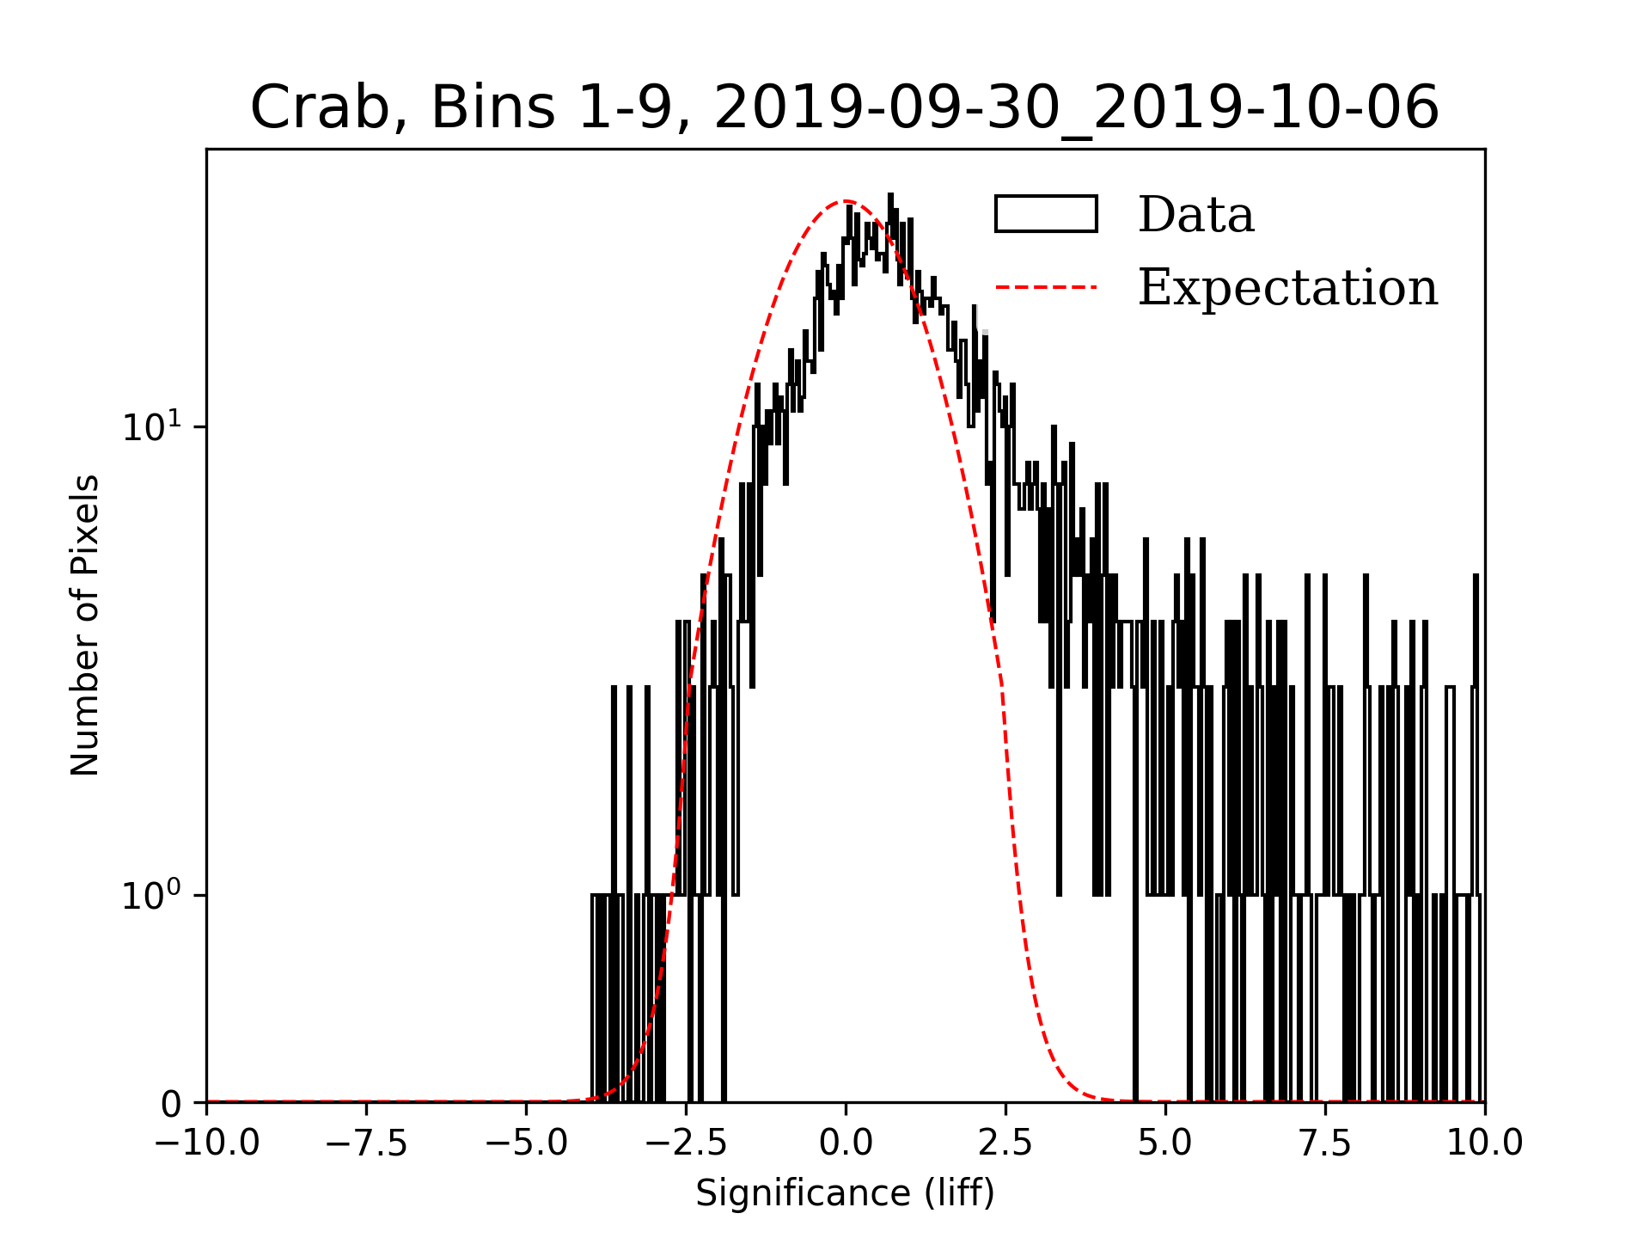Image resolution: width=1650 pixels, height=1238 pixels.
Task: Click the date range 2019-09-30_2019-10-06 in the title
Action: tap(1076, 108)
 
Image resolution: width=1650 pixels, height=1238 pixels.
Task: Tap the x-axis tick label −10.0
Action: tap(207, 1143)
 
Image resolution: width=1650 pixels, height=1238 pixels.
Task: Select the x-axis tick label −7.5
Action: tap(367, 1143)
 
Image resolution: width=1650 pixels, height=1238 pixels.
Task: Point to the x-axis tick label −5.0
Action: tap(527, 1143)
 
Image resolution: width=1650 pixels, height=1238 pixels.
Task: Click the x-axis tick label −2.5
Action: tap(687, 1143)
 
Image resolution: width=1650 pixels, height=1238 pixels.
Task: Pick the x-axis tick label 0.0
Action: tap(846, 1143)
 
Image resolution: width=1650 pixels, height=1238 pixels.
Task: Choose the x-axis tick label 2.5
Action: tap(1005, 1143)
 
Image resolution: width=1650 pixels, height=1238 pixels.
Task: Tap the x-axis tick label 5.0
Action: tap(1165, 1143)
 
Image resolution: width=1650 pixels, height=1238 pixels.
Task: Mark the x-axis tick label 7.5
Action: tap(1325, 1143)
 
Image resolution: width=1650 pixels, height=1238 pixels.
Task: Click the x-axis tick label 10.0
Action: tap(1485, 1143)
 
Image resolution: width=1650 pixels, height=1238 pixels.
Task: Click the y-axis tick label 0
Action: tap(172, 1104)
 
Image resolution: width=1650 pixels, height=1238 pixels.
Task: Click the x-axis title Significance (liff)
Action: tap(846, 1193)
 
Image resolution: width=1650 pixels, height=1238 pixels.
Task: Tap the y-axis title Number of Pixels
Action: tap(84, 625)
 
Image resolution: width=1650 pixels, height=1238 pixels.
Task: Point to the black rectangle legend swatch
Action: tap(1046, 214)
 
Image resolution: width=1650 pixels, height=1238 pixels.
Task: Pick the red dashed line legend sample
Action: tap(1046, 286)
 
